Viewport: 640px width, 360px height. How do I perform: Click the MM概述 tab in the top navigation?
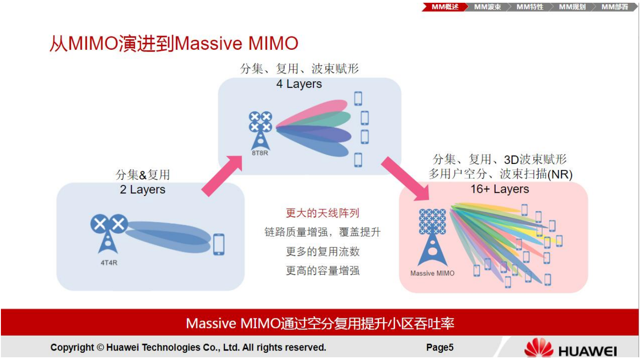coord(444,7)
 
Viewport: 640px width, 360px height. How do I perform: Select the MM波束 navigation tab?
coord(487,7)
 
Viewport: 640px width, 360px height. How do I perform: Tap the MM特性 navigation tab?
coord(529,7)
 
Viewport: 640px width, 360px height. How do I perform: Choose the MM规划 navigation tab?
coord(572,7)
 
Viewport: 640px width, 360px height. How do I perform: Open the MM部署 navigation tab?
coord(614,7)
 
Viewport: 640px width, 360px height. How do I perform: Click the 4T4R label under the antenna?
coord(109,263)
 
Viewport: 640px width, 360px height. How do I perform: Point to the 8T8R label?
coord(260,153)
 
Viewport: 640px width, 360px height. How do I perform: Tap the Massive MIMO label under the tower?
coord(432,273)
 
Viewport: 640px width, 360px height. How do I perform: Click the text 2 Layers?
coord(143,190)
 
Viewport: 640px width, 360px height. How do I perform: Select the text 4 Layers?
coord(299,84)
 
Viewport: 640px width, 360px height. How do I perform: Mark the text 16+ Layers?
coord(500,189)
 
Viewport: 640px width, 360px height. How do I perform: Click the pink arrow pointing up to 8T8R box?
coord(222,176)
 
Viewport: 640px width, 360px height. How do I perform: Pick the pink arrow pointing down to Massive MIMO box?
coord(405,179)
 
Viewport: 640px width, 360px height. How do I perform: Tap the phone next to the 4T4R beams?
coord(219,244)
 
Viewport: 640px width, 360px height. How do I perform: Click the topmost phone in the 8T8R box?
coord(358,99)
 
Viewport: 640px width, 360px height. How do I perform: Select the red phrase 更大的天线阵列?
coord(323,213)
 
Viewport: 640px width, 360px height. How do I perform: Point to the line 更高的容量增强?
coord(323,270)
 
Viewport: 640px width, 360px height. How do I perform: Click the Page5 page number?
coord(440,347)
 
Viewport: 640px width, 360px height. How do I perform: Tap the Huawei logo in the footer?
coord(571,348)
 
